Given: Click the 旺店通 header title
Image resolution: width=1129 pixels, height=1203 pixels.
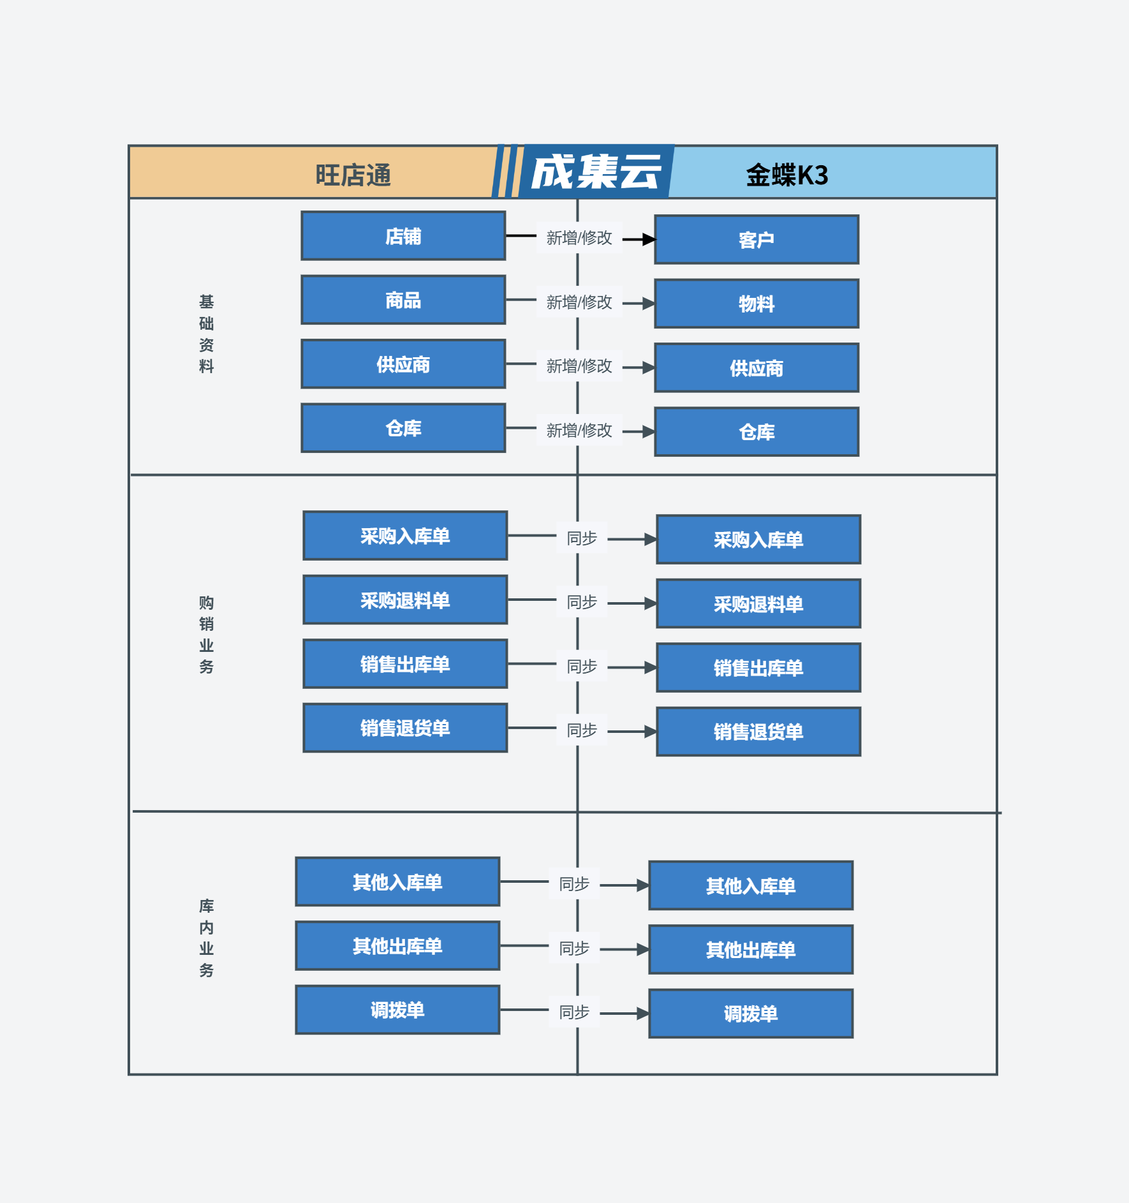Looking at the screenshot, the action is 353,175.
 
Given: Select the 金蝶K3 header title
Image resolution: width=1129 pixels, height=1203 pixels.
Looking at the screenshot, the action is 787,175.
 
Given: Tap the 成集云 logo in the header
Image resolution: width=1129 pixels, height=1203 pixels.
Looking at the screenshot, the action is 596,172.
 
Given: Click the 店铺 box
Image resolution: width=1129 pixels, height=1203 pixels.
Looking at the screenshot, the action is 403,236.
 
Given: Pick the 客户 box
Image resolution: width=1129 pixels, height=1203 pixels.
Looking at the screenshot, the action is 756,240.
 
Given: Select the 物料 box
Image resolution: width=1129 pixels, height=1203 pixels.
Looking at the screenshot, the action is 756,304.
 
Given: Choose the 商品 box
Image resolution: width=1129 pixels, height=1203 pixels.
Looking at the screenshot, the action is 403,300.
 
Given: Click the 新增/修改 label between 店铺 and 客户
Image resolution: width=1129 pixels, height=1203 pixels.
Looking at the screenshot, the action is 579,238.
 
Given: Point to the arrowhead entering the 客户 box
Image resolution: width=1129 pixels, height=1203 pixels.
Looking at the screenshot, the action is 649,240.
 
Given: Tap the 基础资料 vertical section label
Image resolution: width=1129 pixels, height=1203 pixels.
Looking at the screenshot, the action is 206,334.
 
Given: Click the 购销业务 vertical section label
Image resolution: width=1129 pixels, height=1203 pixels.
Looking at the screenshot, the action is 206,635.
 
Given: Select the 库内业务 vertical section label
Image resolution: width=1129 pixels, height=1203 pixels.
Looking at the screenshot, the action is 206,938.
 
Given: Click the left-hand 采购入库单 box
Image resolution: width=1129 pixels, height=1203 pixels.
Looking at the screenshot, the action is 405,536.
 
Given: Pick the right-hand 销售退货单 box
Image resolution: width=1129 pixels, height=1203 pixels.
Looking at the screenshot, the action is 758,732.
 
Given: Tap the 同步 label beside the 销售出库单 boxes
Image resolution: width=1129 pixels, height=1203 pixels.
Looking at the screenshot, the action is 582,667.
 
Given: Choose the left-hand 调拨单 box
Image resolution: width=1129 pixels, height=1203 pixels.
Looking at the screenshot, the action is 397,1010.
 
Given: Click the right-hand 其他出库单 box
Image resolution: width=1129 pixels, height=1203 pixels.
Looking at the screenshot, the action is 751,950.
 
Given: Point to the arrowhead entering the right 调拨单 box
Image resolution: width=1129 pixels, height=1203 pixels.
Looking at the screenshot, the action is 643,1014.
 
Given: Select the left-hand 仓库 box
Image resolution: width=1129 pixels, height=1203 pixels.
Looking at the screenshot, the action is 403,428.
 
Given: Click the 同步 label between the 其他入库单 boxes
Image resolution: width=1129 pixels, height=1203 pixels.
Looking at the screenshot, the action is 574,884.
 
